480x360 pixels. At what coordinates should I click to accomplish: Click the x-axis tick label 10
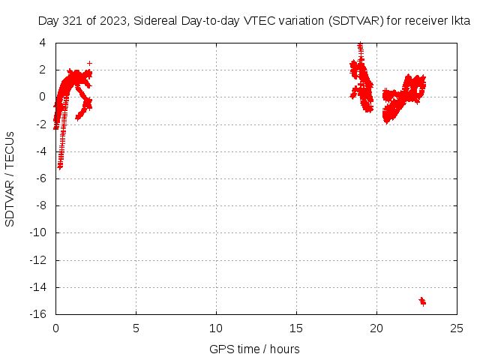point(216,328)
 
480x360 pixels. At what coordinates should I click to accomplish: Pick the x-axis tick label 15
point(296,328)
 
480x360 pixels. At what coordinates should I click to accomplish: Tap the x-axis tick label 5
point(136,328)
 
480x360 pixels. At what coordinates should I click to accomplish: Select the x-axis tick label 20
point(376,328)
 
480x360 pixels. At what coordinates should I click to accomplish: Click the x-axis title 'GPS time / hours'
point(256,349)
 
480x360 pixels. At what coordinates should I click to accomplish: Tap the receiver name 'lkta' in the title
point(460,22)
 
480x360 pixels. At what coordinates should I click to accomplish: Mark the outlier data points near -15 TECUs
point(422,301)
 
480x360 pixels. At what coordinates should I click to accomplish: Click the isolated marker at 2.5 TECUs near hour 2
point(90,63)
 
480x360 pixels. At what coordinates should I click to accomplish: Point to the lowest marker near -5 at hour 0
point(60,166)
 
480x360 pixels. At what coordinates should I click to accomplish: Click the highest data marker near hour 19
point(361,44)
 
